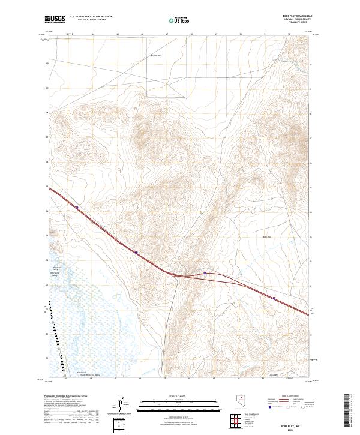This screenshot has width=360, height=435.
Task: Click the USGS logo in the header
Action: (55, 20)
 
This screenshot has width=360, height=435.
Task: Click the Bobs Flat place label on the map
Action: (268, 237)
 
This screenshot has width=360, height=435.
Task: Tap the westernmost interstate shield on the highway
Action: (77, 208)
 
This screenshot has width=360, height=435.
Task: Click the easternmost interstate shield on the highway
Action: (274, 297)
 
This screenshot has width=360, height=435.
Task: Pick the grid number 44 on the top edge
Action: (94, 35)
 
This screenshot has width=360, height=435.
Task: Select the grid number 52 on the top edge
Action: (289, 35)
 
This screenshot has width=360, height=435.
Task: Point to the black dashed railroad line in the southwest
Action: (56, 336)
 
